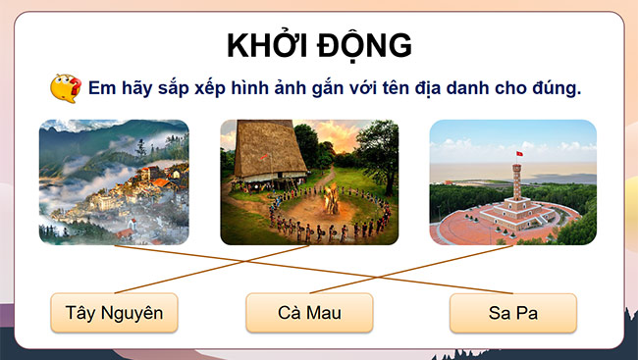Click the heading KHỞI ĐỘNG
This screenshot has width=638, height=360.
[319, 46]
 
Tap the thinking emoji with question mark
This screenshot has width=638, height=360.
[65, 88]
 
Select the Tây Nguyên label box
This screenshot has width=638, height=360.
[114, 313]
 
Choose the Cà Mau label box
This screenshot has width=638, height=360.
[310, 313]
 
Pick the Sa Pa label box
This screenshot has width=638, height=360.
[513, 313]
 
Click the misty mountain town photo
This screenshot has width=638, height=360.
[114, 181]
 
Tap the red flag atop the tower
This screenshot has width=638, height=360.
[518, 155]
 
